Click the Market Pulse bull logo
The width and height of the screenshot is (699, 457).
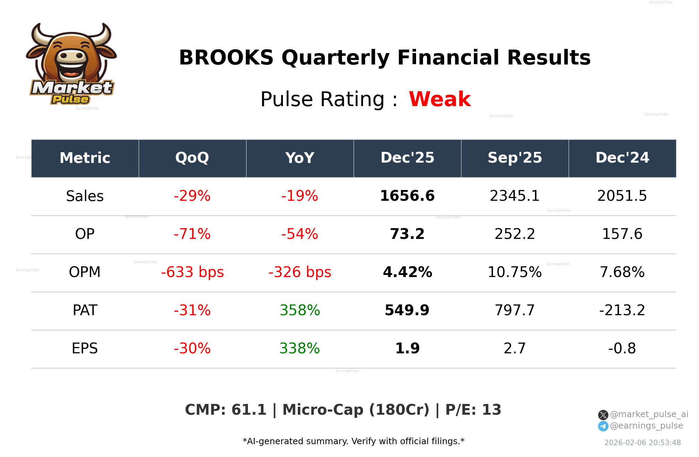[71, 64]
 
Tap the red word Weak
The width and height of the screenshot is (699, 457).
[440, 99]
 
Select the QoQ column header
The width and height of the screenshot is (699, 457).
[192, 158]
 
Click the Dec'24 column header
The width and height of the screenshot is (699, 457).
[622, 158]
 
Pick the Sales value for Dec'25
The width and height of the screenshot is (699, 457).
[407, 196]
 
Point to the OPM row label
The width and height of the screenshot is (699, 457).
[85, 272]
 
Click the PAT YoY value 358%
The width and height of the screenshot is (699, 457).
[300, 310]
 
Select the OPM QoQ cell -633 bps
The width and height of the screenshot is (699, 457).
[192, 272]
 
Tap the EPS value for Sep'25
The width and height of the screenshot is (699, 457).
[515, 348]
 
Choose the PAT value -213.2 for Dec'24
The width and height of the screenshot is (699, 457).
[622, 310]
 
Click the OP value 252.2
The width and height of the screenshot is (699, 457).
[515, 234]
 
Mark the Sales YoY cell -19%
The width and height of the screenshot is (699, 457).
[300, 196]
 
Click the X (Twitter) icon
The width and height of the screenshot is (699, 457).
[603, 415]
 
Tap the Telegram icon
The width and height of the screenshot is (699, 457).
[603, 426]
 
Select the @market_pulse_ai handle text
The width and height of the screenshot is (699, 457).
[649, 414]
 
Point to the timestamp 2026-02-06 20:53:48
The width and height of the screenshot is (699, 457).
[642, 443]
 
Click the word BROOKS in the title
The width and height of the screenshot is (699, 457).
[226, 58]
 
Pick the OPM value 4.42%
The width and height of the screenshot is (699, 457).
[407, 272]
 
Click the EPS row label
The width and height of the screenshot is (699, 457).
[85, 348]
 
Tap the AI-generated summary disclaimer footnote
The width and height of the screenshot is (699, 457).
[353, 441]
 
